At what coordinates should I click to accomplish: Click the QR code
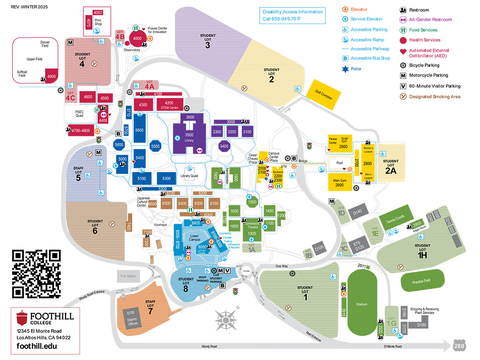(x=36, y=274)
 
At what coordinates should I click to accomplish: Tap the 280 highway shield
(x=459, y=346)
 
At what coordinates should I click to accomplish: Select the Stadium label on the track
(x=361, y=304)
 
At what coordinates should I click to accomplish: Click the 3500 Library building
(x=189, y=136)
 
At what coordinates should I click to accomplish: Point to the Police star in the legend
(x=345, y=69)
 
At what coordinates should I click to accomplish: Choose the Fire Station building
(x=128, y=276)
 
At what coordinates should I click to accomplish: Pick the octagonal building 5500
(x=156, y=146)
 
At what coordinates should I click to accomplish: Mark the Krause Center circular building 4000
(x=137, y=38)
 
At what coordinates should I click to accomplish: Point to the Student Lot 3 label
(x=208, y=41)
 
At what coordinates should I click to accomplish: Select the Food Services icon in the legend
(x=403, y=30)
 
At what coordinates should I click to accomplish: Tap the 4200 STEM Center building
(x=170, y=105)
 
